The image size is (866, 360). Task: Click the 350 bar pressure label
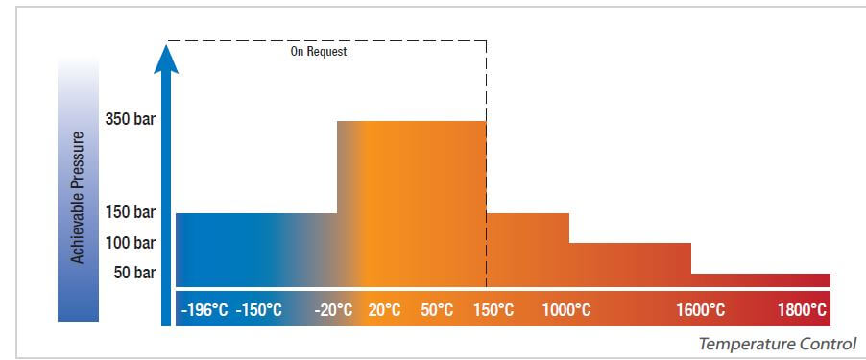point(130,120)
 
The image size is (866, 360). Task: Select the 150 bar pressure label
point(130,212)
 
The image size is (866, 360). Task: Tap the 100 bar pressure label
point(130,242)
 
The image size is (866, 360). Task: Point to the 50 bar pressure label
point(134,273)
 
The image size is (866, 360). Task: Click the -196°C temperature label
point(204,310)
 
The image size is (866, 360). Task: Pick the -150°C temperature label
point(258,310)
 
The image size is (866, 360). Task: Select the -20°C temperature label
point(333,310)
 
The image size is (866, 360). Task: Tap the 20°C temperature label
point(384,310)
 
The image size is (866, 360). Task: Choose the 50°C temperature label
point(437,310)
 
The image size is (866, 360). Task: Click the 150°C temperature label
point(493,310)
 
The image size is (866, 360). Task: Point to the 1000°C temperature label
point(566,310)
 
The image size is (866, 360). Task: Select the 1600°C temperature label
point(700,310)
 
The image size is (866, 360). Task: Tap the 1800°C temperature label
point(802,310)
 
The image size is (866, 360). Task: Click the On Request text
point(319,52)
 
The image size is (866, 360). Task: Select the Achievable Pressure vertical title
point(78,197)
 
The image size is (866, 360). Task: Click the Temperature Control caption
point(778,344)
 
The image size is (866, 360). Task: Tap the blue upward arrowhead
point(166,60)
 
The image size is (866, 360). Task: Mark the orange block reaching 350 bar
point(412,204)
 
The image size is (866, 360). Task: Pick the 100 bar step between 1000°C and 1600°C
point(630,264)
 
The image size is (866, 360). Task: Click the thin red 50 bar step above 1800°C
point(760,280)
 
